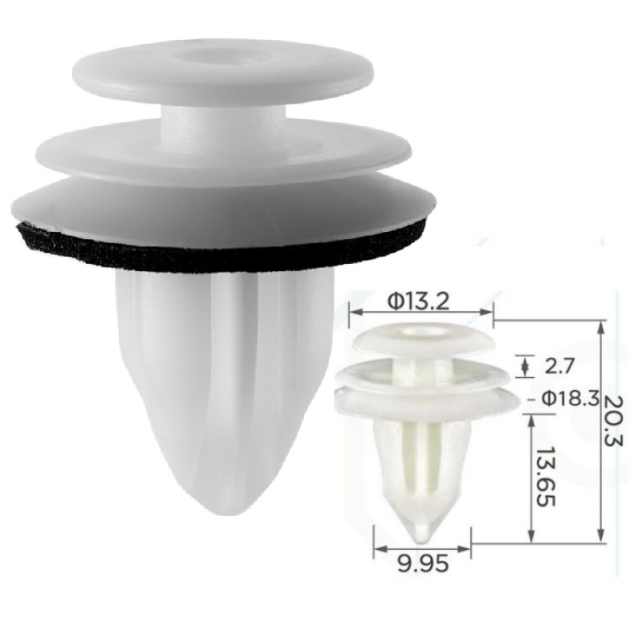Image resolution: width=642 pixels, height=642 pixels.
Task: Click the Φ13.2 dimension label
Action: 418,303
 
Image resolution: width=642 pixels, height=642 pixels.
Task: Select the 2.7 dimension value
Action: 559,366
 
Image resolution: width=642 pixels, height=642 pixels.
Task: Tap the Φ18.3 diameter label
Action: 571,398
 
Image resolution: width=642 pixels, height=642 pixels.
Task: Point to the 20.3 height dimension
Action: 613,422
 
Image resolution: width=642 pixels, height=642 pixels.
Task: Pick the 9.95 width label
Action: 423,565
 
